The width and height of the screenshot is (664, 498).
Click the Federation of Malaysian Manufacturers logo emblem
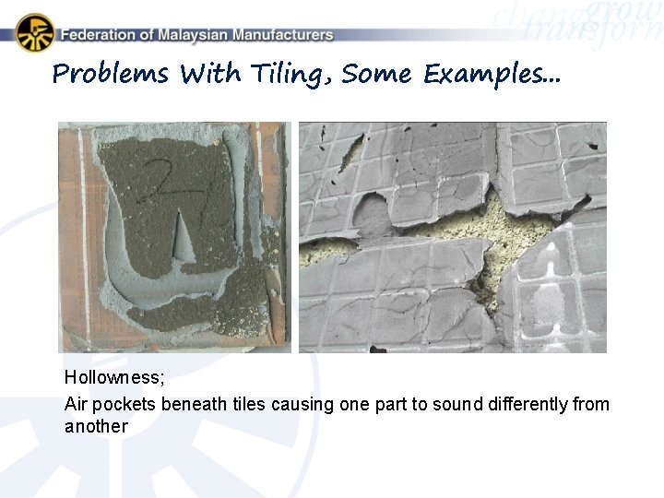[x=35, y=33]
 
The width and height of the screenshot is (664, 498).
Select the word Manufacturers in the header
[x=283, y=35]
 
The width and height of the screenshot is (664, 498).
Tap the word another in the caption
[x=96, y=426]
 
